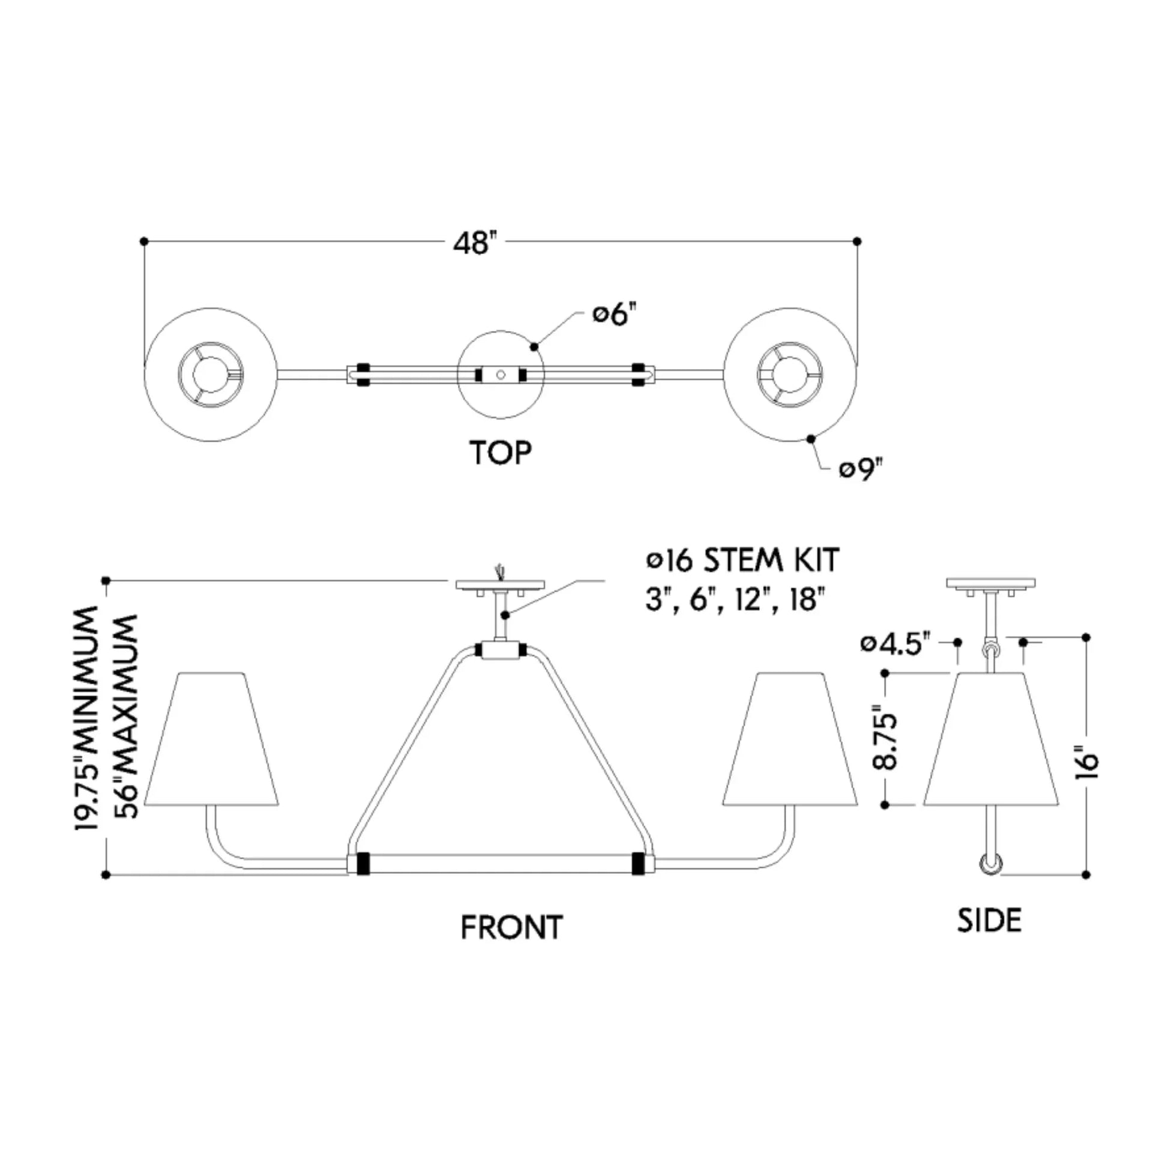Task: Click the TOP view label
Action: coord(501,453)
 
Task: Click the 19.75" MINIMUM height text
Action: coord(86,719)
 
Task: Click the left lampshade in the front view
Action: coord(212,738)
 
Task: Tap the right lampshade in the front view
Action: coord(790,738)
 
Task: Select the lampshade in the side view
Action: coord(991,738)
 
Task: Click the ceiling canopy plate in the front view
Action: coord(500,585)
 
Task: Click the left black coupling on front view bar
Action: coord(363,863)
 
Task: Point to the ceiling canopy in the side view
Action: coord(991,585)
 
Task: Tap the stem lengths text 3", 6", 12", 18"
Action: coord(735,600)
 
